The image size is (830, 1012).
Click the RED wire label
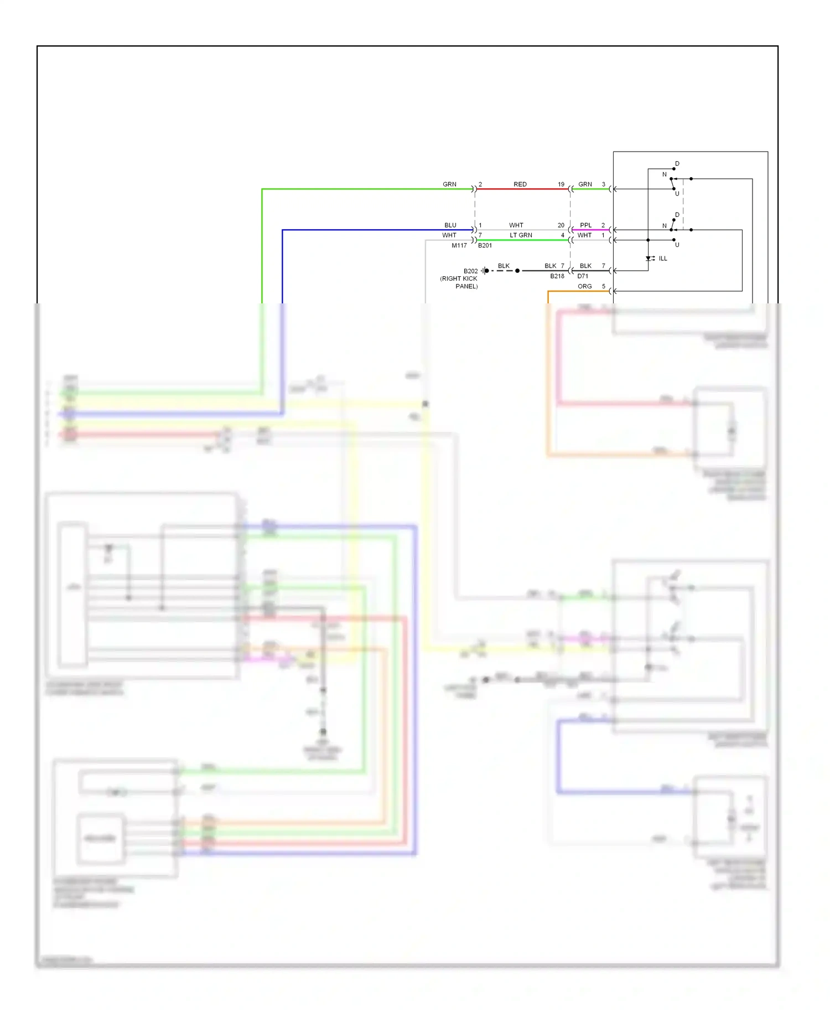520,184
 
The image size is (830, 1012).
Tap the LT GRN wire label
521,235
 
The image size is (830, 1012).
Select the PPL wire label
585,225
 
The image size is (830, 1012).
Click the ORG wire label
584,286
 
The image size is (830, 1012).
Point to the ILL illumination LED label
662,259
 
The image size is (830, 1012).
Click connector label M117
459,245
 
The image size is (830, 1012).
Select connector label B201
485,245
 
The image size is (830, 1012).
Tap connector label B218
557,276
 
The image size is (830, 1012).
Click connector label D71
583,276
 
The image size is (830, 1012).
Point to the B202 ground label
470,271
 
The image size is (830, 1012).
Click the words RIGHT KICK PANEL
459,282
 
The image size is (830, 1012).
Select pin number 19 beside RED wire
561,184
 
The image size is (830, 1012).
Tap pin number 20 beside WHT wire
561,225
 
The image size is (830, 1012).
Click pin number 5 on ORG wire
603,286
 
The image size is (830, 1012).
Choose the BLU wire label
450,225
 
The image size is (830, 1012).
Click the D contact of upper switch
677,164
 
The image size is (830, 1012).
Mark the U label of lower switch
677,245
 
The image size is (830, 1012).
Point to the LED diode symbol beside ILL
649,259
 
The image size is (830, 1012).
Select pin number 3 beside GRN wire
603,184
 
